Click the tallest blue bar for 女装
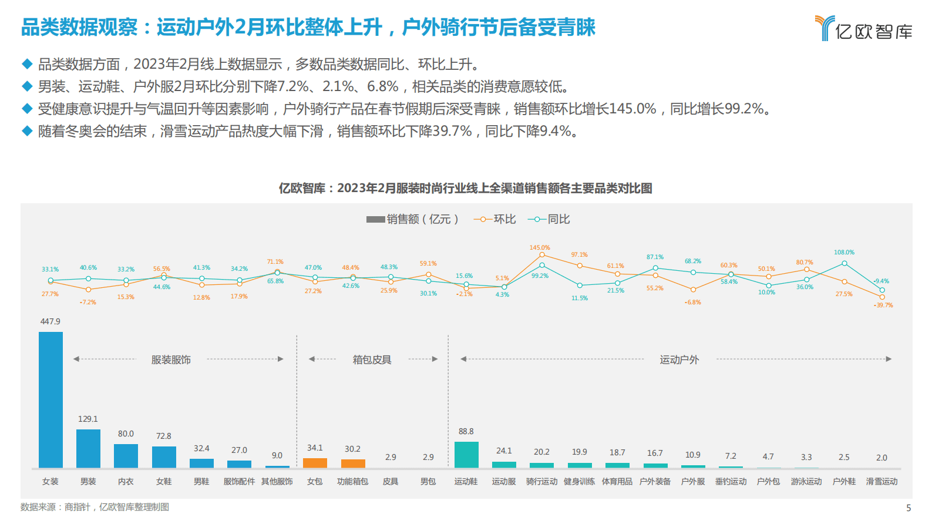tap(51, 399)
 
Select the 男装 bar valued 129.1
tap(88, 448)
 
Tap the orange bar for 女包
tap(315, 463)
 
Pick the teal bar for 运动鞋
tap(466, 455)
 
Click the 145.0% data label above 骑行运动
tap(540, 248)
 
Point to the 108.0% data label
tap(844, 253)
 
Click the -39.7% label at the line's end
tap(883, 305)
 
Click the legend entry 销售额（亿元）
tap(412, 219)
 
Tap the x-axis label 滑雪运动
tap(881, 482)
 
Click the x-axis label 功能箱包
tap(352, 482)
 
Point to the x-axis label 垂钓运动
tap(731, 482)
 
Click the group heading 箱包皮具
tap(372, 360)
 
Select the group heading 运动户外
tap(679, 360)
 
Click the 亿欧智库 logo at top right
tap(863, 28)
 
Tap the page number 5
tap(909, 508)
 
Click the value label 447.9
tap(51, 322)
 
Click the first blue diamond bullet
tap(27, 64)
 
